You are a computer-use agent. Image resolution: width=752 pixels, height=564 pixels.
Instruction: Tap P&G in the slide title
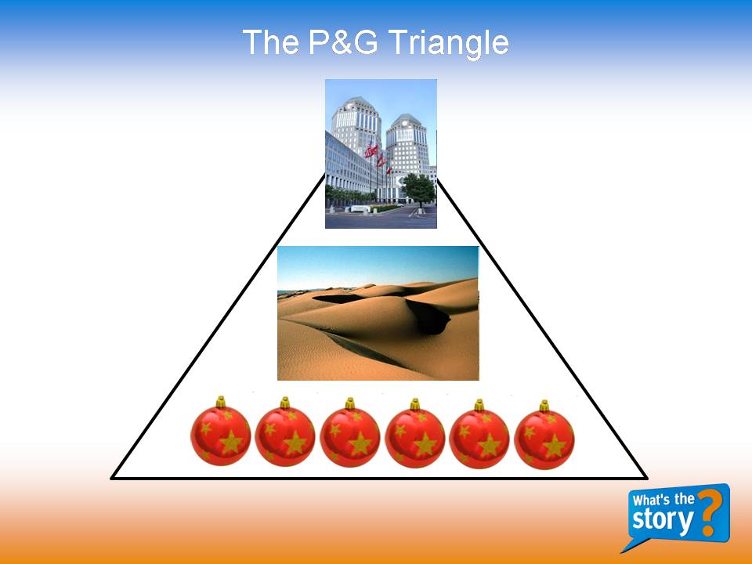pyautogui.click(x=343, y=42)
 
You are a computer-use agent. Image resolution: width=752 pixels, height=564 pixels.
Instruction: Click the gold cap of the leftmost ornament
pyautogui.click(x=221, y=402)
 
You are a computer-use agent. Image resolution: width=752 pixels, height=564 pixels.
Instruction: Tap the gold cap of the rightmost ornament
pyautogui.click(x=544, y=407)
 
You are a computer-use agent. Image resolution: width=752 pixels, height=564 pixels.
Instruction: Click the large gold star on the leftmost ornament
pyautogui.click(x=230, y=442)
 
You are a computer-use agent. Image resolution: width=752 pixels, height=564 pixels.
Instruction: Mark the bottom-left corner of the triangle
pyautogui.click(x=112, y=478)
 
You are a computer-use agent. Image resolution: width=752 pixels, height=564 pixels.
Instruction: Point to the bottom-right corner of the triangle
pyautogui.click(x=647, y=478)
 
